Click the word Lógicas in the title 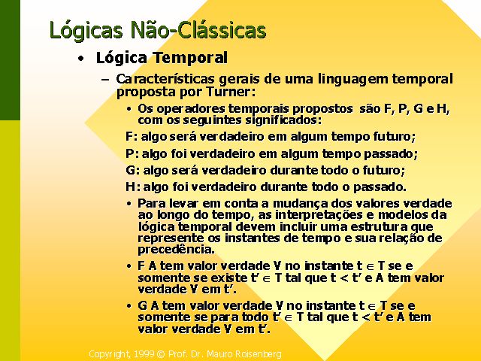(86, 31)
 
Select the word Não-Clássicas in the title (198, 30)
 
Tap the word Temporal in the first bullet (190, 58)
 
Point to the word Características (165, 79)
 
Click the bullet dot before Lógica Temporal (80, 59)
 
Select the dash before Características (105, 80)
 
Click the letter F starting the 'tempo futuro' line (129, 136)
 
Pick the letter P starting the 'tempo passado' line (130, 153)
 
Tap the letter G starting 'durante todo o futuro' (130, 170)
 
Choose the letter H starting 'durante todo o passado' (130, 187)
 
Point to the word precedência (176, 249)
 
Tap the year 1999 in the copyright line (144, 354)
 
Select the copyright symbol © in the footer (161, 354)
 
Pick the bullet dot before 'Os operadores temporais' (129, 108)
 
